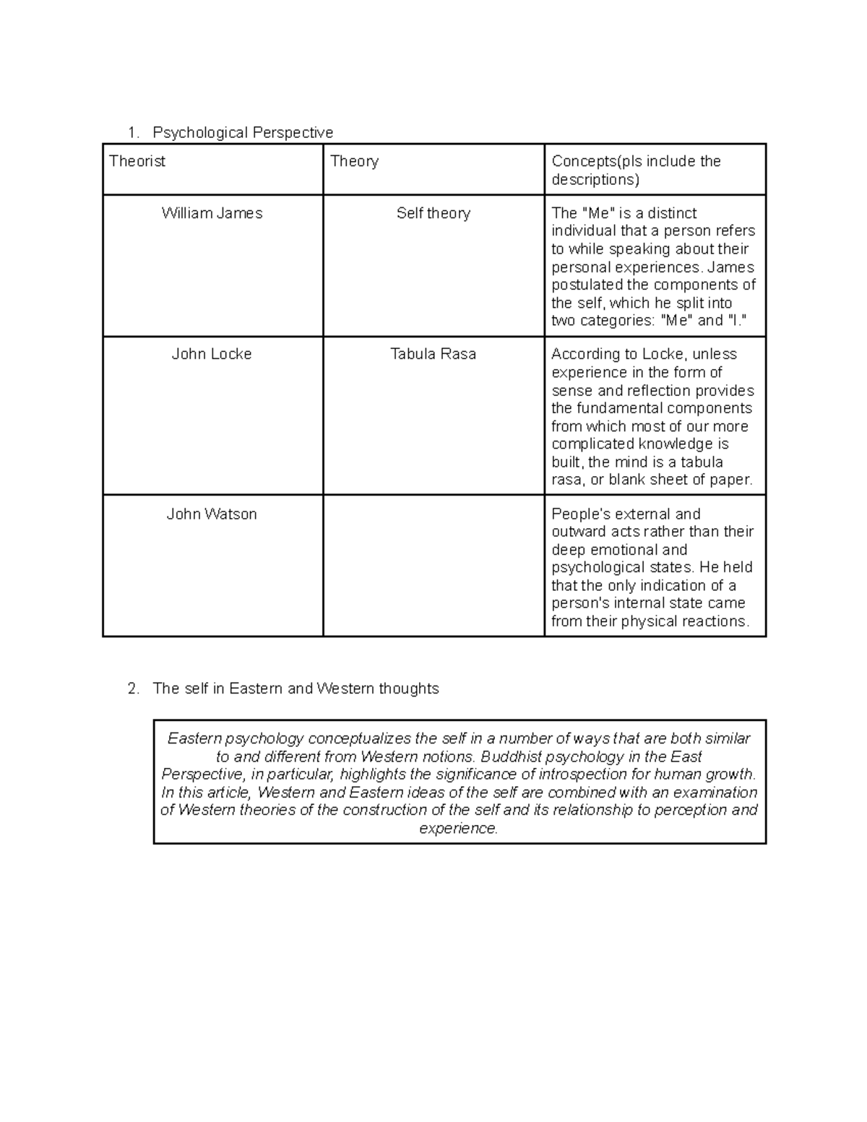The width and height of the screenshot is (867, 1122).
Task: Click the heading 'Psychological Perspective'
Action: click(243, 132)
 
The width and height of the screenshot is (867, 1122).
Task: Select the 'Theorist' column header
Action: click(137, 161)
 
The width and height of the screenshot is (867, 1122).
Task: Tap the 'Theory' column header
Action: click(354, 161)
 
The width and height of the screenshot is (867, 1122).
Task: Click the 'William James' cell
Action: click(212, 213)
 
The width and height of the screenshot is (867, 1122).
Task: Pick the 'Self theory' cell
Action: click(433, 213)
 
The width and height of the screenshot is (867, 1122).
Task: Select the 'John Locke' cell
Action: click(212, 354)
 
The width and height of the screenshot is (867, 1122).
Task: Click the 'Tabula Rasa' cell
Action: click(433, 354)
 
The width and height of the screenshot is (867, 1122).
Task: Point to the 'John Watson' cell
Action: click(212, 514)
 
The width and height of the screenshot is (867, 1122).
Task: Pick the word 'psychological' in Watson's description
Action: click(597, 567)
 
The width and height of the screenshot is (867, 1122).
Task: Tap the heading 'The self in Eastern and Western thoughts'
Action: click(296, 689)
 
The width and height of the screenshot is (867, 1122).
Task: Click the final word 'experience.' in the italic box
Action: click(459, 828)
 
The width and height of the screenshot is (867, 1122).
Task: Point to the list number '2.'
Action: click(133, 689)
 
